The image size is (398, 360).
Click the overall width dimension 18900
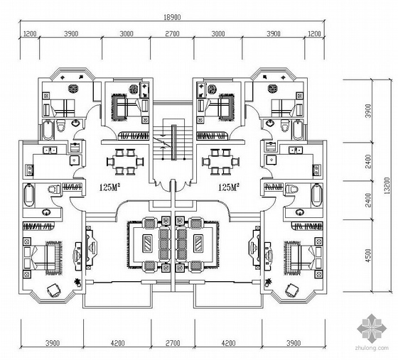coord(172,17)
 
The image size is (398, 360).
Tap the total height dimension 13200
coord(387,185)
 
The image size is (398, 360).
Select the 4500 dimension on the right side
coord(368,256)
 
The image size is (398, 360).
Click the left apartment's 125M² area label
coord(109,187)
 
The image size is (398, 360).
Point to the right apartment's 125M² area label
coord(229,187)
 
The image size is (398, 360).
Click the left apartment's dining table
coord(125,162)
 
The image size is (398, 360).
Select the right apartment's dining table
coord(221,162)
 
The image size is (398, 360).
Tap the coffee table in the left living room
coord(147,244)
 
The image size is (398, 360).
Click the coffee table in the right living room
coord(198,244)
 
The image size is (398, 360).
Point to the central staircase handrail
coord(173,142)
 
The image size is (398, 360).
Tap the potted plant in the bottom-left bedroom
coord(77,282)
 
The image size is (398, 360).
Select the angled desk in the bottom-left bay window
coord(54,290)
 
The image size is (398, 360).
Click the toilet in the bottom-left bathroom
coord(54,190)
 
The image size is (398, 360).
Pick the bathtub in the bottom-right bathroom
coord(316,195)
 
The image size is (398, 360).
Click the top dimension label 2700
coord(172,33)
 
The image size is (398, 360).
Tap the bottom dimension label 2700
coord(173,343)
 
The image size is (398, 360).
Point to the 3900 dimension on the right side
coord(368,111)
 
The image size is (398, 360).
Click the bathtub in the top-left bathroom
coord(48,130)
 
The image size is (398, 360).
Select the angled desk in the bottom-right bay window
coord(292,290)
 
